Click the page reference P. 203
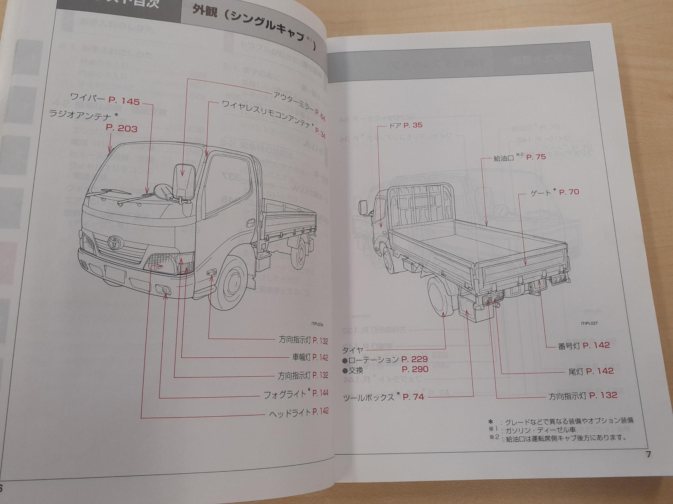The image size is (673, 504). [121, 129]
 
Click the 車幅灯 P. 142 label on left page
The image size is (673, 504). [310, 357]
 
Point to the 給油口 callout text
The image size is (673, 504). [504, 158]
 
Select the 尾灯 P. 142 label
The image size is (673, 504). [591, 371]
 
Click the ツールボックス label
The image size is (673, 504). [369, 397]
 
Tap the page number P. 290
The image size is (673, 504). [415, 369]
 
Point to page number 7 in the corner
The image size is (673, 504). [648, 454]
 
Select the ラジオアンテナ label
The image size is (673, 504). [81, 114]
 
